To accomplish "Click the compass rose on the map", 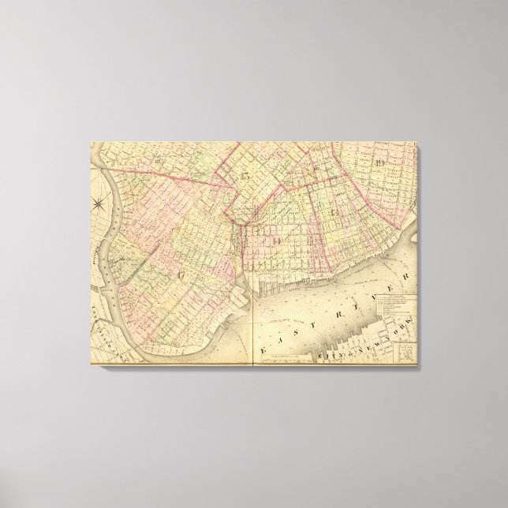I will [100, 206].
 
